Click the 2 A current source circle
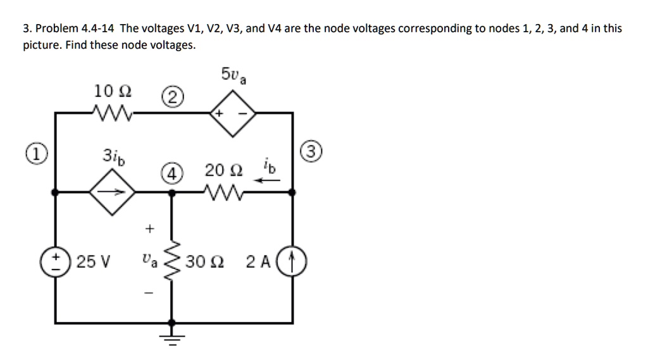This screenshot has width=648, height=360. pos(291,261)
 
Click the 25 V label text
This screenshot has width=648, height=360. pos(92,261)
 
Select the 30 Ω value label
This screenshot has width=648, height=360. pos(205,261)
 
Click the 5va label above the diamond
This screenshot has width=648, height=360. pos(234,76)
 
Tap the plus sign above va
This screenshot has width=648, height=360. pos(149,226)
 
